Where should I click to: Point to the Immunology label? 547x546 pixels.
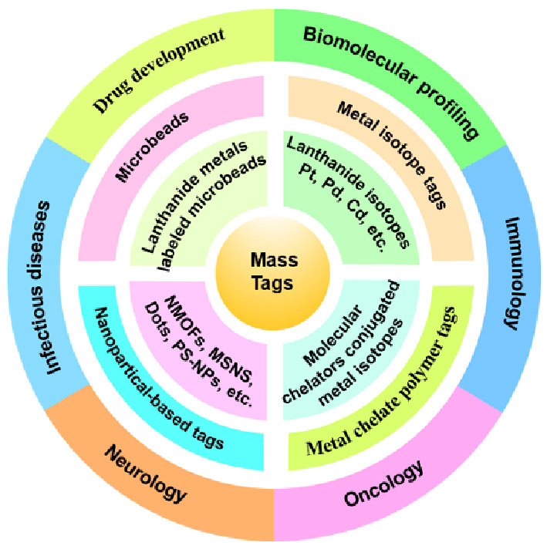[509, 274]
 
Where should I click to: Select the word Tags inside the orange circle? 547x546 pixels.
[273, 284]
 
